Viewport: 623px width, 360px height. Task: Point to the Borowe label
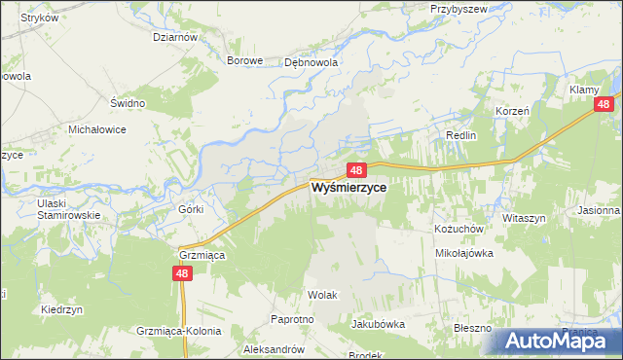(x=245, y=60)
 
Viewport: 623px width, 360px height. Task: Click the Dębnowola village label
(x=310, y=60)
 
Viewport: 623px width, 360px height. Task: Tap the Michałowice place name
(x=97, y=129)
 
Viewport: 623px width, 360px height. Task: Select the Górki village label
(x=191, y=209)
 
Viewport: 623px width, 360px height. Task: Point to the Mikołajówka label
(x=464, y=252)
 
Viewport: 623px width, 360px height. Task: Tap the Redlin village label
(x=460, y=135)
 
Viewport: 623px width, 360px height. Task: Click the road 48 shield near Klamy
(x=605, y=104)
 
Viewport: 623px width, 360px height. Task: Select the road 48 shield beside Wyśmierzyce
(x=355, y=169)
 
